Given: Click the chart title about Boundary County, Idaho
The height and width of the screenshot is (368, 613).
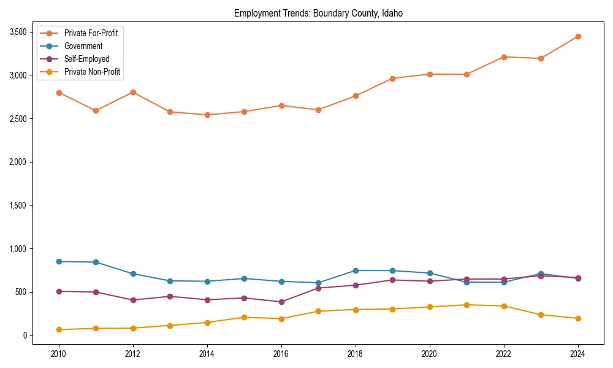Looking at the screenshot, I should [318, 13].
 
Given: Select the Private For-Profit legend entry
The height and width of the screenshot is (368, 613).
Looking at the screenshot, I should [91, 33].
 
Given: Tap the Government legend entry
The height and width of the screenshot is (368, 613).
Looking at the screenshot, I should [83, 46].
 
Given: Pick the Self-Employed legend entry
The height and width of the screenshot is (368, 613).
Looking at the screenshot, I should [86, 59].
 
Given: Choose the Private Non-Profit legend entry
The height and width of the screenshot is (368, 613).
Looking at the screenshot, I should [92, 72].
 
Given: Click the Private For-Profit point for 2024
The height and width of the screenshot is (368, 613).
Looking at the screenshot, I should [577, 36].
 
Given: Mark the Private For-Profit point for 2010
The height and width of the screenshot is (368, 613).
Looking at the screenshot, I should [59, 93].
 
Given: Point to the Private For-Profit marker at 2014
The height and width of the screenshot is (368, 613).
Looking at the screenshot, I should [207, 115].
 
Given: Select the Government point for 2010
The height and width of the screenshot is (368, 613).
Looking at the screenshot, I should [59, 261].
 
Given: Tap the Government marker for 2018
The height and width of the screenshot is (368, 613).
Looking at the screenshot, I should [356, 270].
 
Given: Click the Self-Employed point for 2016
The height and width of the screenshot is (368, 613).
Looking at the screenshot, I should [281, 302].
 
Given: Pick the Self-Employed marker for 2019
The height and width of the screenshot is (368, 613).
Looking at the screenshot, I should [392, 280].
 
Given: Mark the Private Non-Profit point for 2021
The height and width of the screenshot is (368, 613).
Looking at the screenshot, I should [466, 305].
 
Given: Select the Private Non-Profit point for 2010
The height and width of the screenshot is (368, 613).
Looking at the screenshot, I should [59, 329].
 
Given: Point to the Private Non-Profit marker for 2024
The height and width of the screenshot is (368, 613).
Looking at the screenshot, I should [577, 318].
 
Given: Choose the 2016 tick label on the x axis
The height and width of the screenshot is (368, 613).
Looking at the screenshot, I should [281, 354].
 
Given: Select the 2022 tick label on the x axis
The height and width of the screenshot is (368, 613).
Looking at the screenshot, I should [503, 354].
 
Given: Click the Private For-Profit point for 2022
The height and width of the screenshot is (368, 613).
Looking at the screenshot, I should [503, 57].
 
